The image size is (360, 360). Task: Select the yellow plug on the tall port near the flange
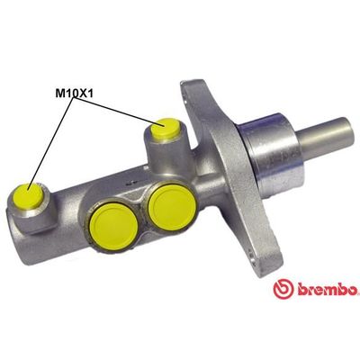point(165,130)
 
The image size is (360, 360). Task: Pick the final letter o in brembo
point(355,292)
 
